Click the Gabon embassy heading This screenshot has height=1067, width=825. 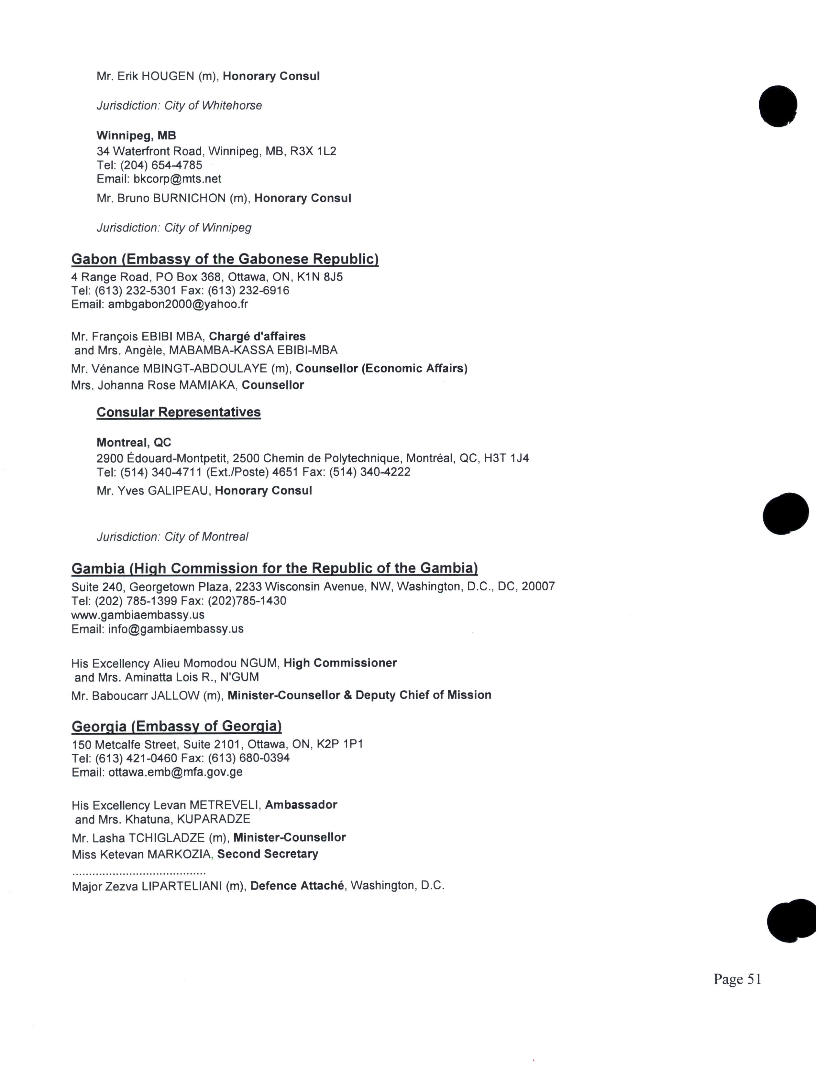pos(225,259)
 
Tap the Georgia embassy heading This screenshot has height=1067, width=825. pos(176,727)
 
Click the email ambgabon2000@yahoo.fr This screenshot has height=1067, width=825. pos(178,304)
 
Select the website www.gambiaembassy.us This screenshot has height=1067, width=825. pos(138,615)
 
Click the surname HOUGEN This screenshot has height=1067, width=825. pos(168,76)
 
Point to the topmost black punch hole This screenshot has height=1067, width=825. pos(777,106)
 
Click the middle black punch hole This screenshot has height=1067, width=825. pos(786,513)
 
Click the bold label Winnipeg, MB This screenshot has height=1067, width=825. pos(136,135)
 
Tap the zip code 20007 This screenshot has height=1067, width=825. pos(538,586)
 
